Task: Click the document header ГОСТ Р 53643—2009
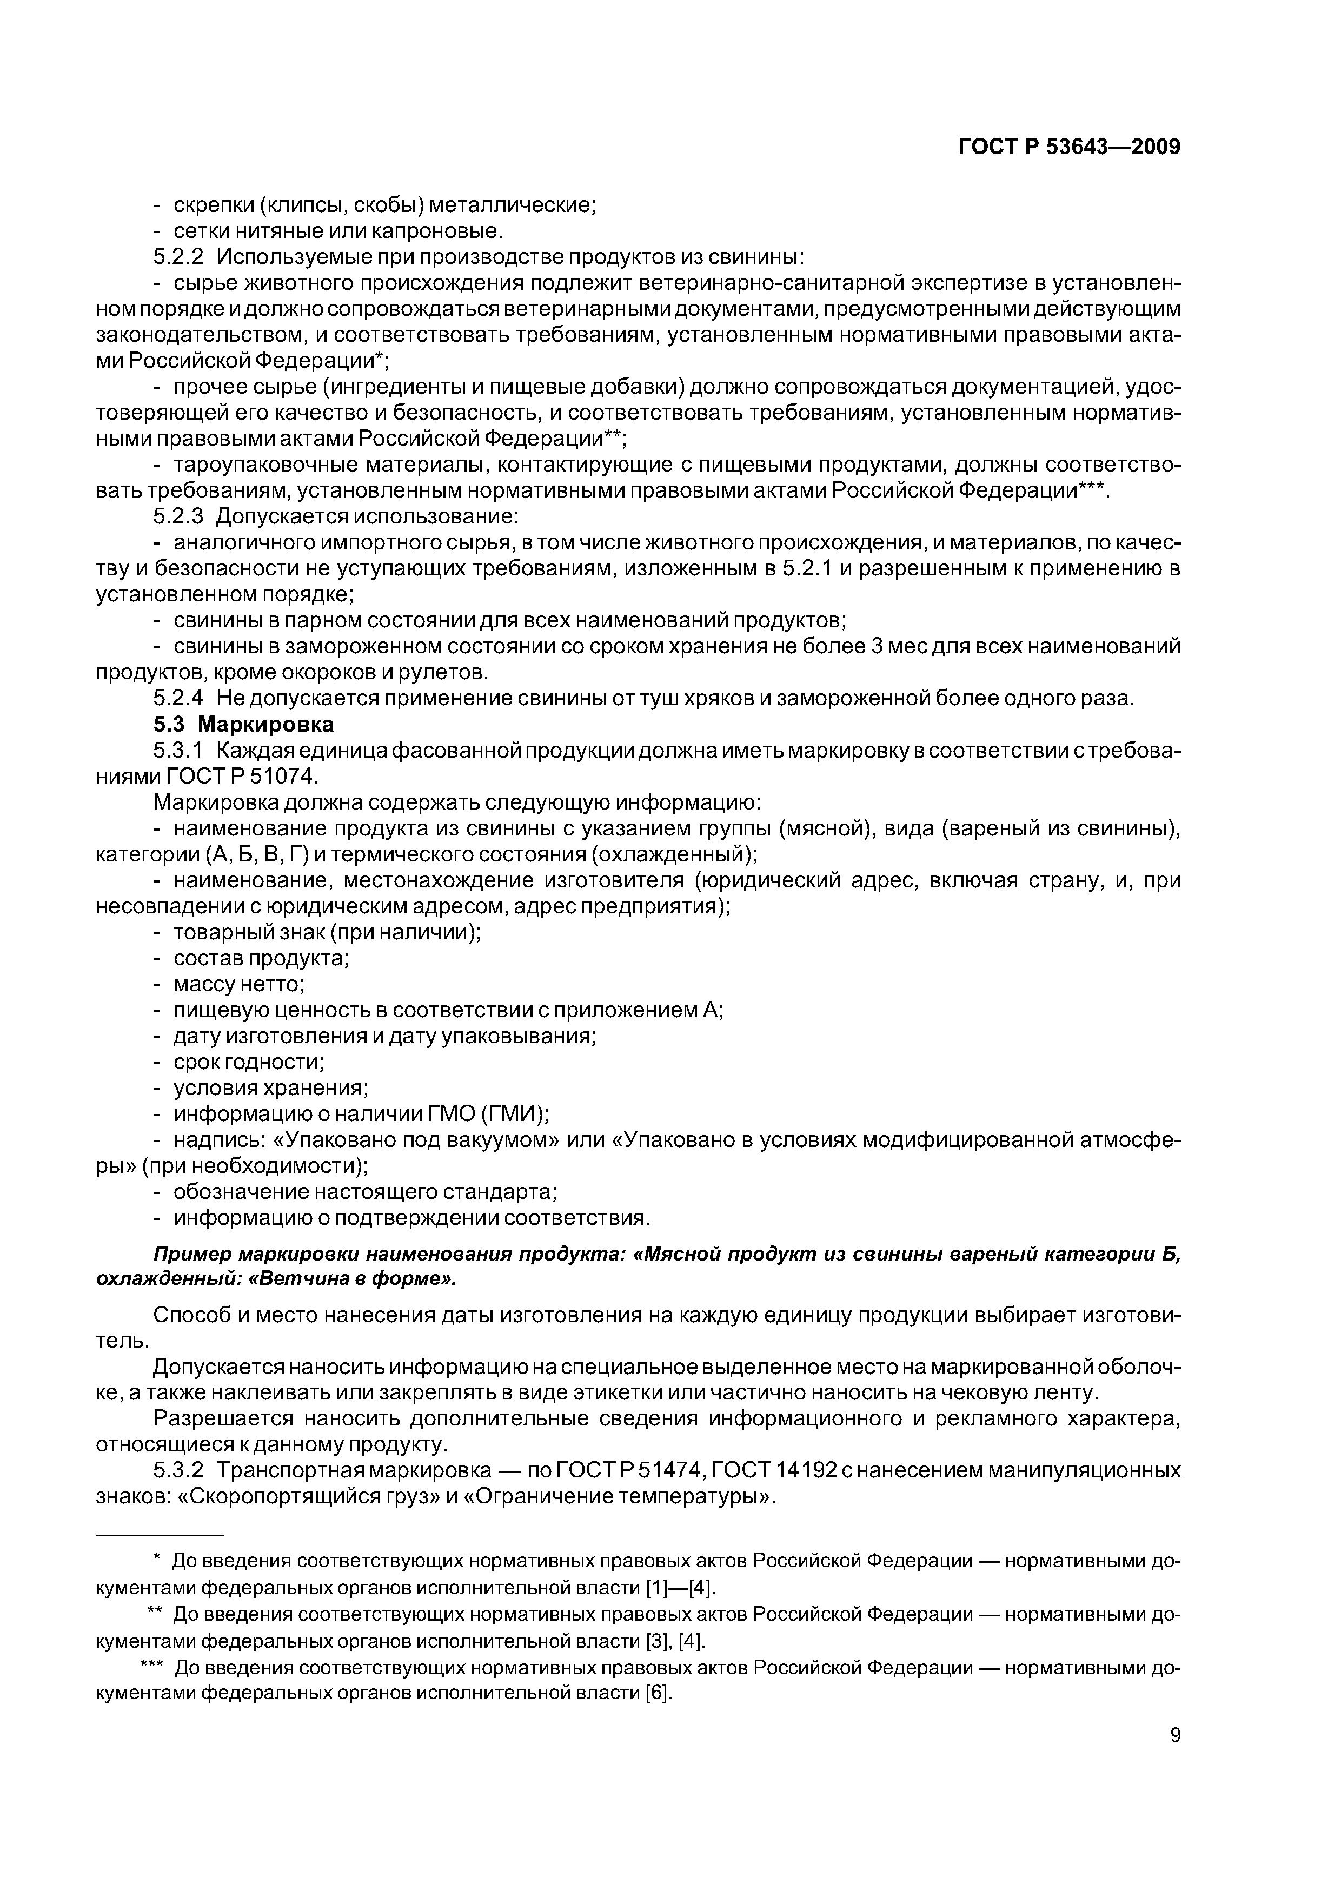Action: coord(1068,147)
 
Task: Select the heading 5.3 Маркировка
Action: coord(244,725)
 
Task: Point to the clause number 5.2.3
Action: coord(178,516)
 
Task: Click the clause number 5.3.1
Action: coord(178,750)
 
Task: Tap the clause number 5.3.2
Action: coord(178,1470)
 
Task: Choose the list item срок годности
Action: coord(248,1062)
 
